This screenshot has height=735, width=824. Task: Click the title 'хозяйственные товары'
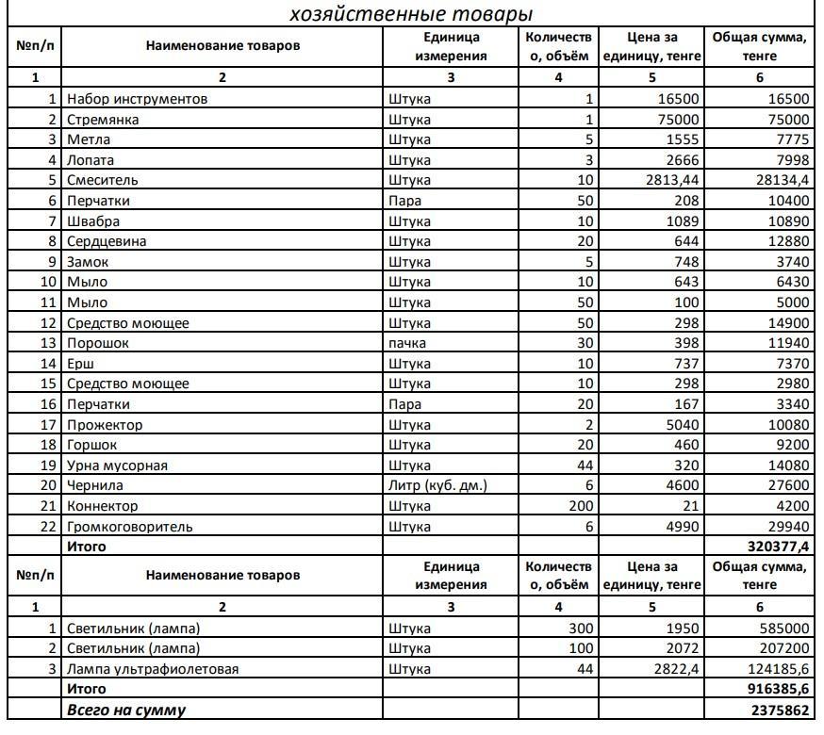[411, 14]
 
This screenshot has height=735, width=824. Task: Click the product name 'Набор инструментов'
[137, 99]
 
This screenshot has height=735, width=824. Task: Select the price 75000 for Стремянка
[679, 120]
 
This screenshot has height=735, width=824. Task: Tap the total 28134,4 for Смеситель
[775, 180]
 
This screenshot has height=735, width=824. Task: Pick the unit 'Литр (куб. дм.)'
[437, 485]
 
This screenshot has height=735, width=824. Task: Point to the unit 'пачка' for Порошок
[407, 343]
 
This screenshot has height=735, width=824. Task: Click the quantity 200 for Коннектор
[577, 506]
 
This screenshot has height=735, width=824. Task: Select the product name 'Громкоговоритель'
[129, 527]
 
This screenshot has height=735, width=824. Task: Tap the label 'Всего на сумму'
[125, 710]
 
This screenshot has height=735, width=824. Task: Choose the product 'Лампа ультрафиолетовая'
[153, 669]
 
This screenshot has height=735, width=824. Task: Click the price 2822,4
[672, 669]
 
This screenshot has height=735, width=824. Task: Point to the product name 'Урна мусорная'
[117, 465]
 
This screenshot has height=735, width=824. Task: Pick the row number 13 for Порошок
[48, 343]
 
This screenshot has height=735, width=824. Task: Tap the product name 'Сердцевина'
[107, 241]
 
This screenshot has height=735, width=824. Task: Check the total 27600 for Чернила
[784, 485]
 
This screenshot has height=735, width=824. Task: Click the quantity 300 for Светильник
[577, 629]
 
